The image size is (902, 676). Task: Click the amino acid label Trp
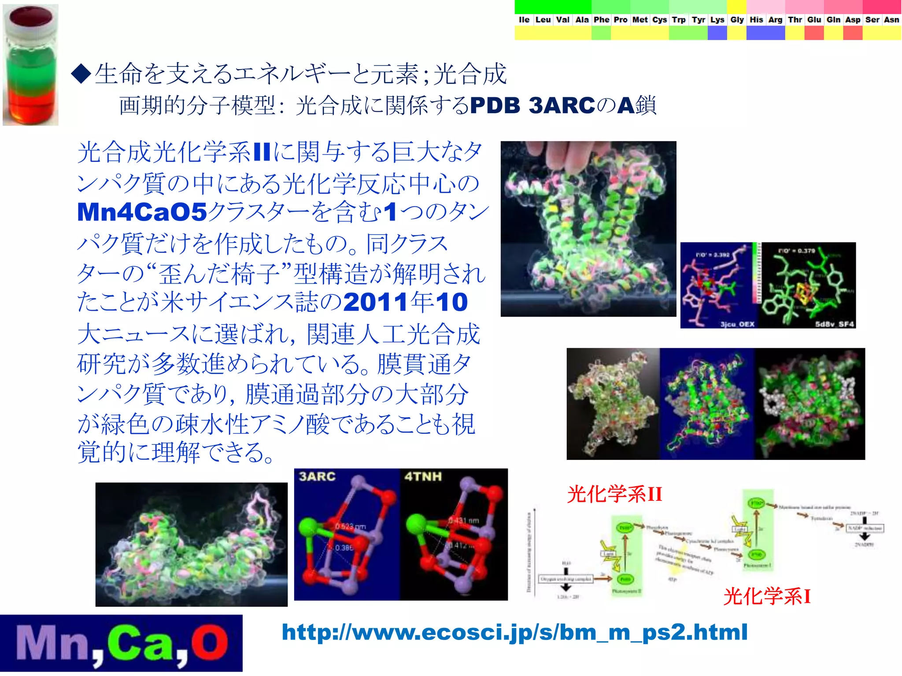pyautogui.click(x=678, y=20)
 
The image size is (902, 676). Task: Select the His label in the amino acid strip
pyautogui.click(x=756, y=20)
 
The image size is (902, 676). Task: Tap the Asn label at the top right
pyautogui.click(x=891, y=20)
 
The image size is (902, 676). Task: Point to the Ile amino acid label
pyautogui.click(x=524, y=20)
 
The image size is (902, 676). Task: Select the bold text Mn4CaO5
pyautogui.click(x=142, y=212)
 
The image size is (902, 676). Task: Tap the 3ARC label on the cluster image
pyautogui.click(x=317, y=477)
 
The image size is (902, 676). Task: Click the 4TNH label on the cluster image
pyautogui.click(x=423, y=477)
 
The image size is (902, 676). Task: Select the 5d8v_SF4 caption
pyautogui.click(x=834, y=324)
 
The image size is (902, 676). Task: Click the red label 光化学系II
pyautogui.click(x=614, y=494)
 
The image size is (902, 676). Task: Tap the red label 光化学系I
pyautogui.click(x=767, y=597)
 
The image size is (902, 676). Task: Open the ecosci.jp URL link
pyautogui.click(x=514, y=632)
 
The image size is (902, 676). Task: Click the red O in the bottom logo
pyautogui.click(x=210, y=643)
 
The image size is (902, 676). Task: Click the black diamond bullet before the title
pyautogui.click(x=81, y=73)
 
